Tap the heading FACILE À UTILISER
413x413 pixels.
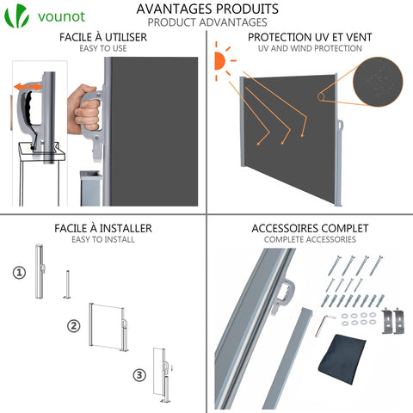tap(103, 38)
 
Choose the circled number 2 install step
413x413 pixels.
tap(74, 326)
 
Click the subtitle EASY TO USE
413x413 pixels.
tap(103, 49)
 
